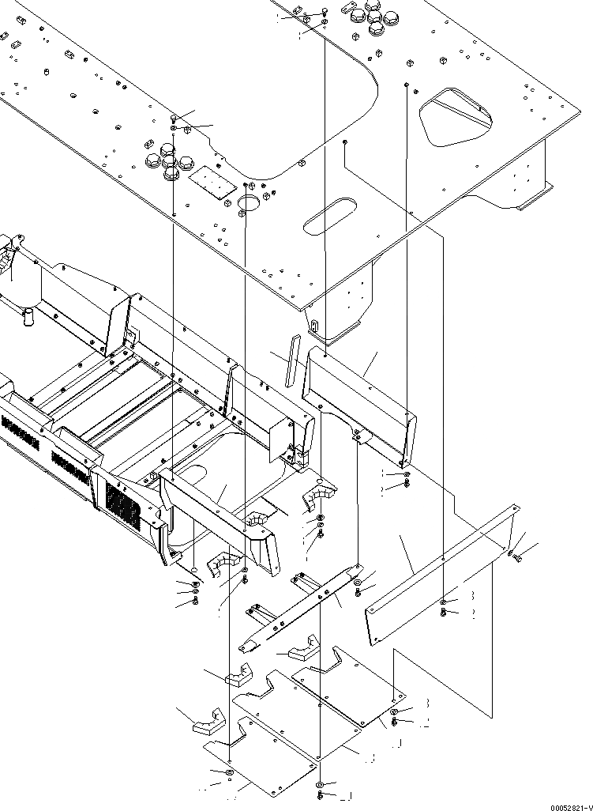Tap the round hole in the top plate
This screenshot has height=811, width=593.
tap(249, 204)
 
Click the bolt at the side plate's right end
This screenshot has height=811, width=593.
tap(520, 558)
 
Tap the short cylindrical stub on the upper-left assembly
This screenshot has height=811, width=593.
tap(29, 318)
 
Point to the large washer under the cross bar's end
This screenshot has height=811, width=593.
tap(358, 584)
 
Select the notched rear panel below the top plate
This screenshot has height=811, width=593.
tap(359, 403)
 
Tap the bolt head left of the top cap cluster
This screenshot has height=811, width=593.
tap(325, 13)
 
